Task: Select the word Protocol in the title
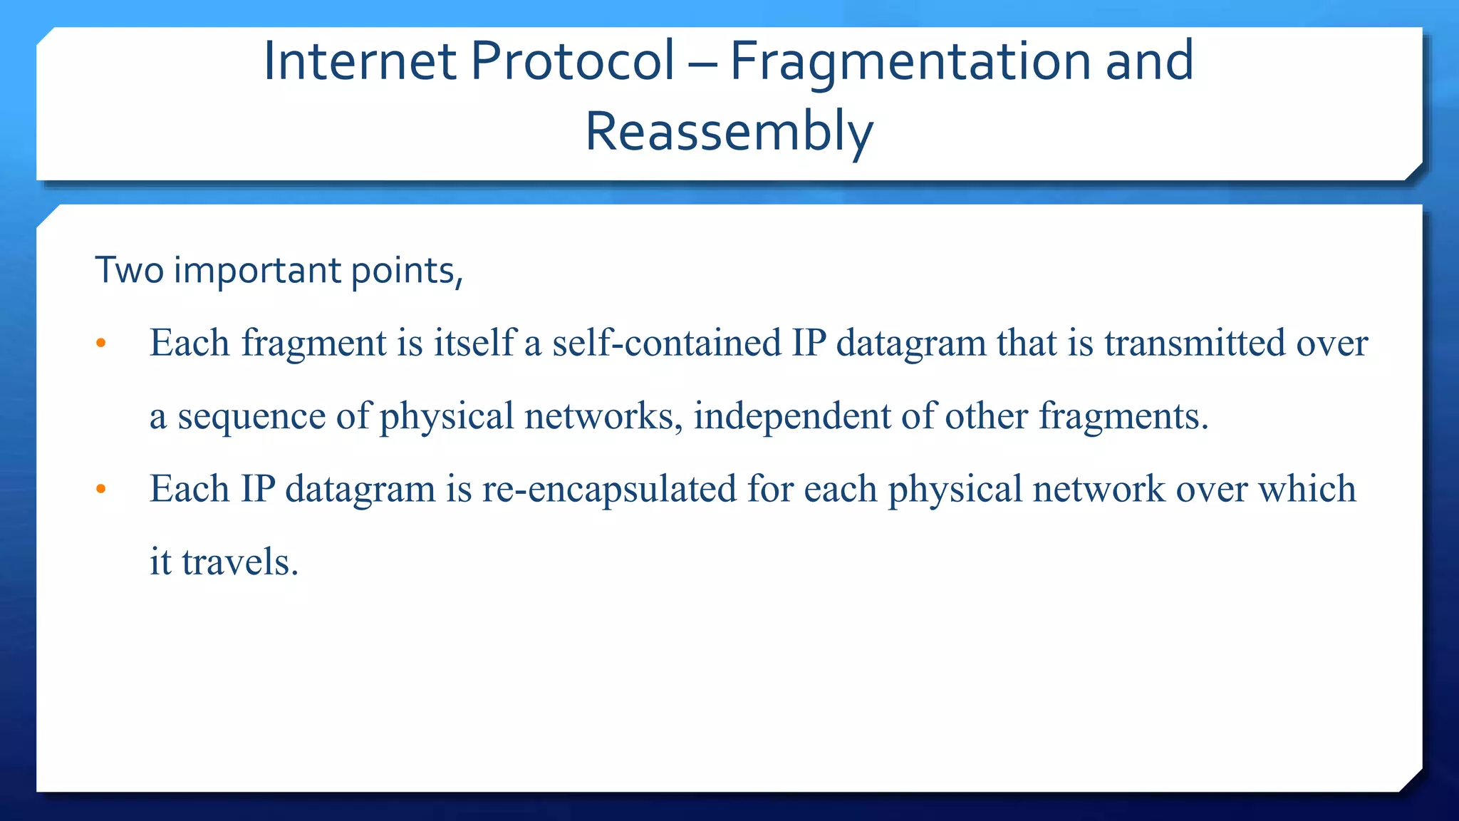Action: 572,61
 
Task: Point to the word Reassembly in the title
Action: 729,133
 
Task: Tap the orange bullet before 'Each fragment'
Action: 100,344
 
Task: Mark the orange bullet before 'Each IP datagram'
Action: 100,490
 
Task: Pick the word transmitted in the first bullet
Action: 1195,343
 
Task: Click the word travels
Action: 240,562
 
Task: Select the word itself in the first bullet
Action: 474,343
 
